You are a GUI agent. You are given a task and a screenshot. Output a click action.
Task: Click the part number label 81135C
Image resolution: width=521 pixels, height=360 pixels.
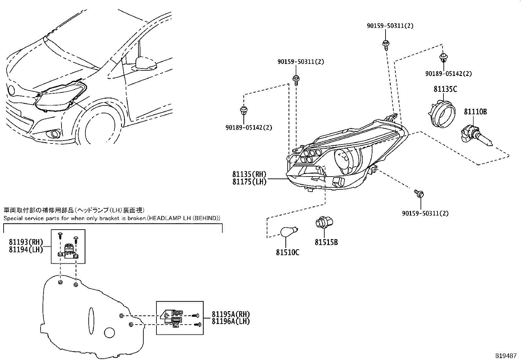(445, 89)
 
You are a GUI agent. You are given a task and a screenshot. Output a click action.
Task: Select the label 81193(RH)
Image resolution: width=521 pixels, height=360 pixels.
(26, 242)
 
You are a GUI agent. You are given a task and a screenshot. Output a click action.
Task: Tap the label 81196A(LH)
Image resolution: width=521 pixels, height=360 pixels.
(230, 321)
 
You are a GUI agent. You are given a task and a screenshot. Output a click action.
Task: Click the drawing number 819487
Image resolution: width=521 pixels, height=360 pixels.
(506, 355)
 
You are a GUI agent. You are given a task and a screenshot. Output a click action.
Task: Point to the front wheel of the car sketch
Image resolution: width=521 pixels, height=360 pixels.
(98, 128)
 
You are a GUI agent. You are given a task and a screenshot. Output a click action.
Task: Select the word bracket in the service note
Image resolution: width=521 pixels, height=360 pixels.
(96, 218)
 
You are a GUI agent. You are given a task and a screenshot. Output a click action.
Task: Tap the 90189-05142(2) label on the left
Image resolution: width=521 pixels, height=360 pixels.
(249, 127)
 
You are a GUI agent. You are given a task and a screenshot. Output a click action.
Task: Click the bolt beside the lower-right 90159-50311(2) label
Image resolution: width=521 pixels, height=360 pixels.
(419, 193)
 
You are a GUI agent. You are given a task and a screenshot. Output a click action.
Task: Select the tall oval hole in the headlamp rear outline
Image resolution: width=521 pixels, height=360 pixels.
(91, 321)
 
